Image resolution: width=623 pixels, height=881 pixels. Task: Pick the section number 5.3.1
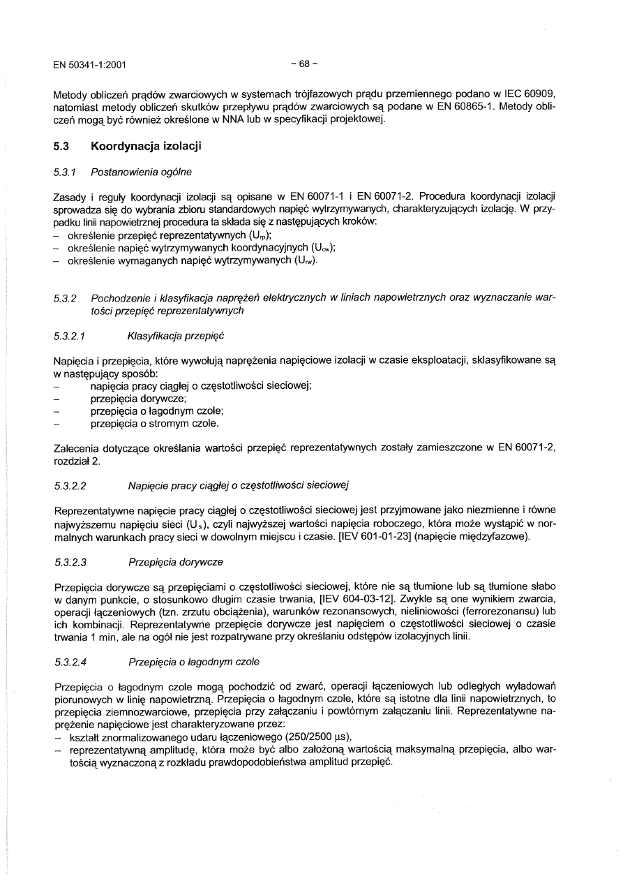coord(65,172)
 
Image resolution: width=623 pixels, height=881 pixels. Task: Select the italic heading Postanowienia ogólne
coord(142,172)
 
